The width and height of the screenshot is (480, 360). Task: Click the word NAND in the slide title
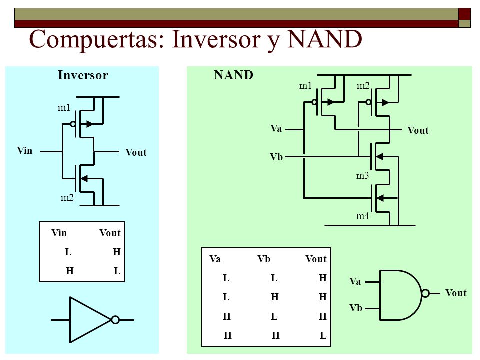click(x=325, y=39)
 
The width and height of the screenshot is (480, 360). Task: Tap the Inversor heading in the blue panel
click(x=83, y=75)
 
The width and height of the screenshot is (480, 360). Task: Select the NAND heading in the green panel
click(x=233, y=75)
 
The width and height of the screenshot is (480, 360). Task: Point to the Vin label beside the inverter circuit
click(x=25, y=150)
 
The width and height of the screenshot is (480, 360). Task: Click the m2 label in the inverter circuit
click(x=67, y=198)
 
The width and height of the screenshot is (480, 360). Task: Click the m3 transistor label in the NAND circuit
click(x=363, y=176)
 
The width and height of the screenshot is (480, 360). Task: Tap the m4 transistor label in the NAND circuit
click(x=363, y=216)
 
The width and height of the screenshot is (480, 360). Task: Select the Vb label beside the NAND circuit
click(x=276, y=157)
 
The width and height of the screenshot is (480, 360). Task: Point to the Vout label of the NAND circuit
click(x=418, y=130)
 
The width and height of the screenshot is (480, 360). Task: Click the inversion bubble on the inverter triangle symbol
click(x=115, y=320)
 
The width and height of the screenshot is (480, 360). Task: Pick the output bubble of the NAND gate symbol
click(x=425, y=293)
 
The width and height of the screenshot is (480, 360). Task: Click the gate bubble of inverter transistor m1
click(x=73, y=124)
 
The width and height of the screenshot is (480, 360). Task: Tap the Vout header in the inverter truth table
click(x=110, y=233)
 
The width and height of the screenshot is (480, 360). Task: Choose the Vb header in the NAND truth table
click(x=264, y=259)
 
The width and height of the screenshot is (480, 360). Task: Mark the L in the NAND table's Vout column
click(x=323, y=336)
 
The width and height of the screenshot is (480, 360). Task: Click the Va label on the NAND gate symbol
click(x=355, y=281)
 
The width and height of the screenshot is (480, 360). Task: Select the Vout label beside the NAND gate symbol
click(x=456, y=293)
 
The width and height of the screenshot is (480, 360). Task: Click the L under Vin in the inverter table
click(x=68, y=252)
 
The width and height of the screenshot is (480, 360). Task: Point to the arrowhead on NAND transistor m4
click(x=380, y=198)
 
